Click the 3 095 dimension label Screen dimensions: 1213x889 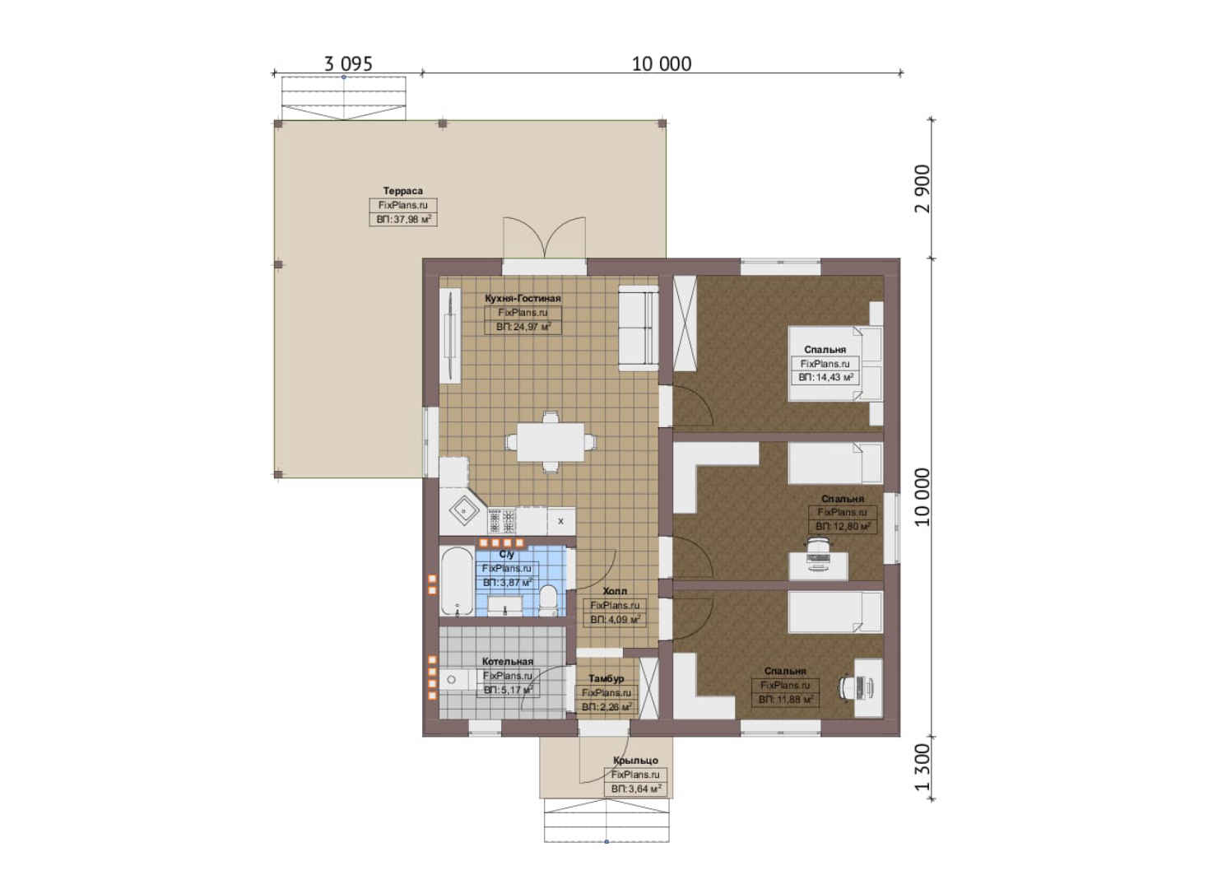click(348, 64)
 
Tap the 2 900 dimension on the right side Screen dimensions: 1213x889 click(922, 189)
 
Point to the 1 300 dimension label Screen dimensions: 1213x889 click(922, 767)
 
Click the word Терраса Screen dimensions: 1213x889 click(403, 191)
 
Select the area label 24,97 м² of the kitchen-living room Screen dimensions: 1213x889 click(523, 327)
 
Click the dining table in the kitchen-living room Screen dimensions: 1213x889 click(551, 442)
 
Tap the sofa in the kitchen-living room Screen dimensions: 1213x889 click(639, 328)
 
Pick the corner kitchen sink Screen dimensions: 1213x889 click(463, 510)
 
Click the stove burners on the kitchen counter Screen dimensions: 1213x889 click(501, 521)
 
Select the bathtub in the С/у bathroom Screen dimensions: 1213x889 click(457, 581)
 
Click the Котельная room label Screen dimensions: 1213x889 click(508, 662)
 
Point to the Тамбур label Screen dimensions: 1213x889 click(606, 678)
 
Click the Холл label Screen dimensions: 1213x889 click(615, 591)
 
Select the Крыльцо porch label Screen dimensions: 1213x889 click(635, 760)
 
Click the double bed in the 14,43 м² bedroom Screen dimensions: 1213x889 click(834, 364)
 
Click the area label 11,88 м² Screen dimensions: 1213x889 click(785, 700)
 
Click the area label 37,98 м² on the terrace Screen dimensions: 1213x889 click(403, 220)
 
